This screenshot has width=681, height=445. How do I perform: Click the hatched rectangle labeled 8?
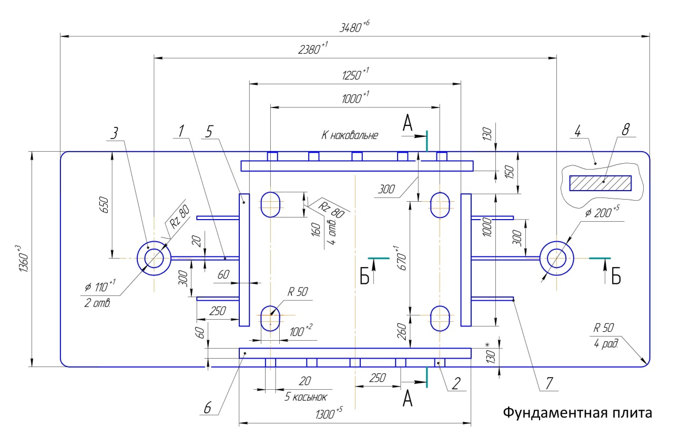(601, 183)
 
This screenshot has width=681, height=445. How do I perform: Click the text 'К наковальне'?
(350, 135)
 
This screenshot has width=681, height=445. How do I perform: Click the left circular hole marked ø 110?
(154, 258)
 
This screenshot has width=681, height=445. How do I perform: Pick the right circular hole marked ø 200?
(556, 258)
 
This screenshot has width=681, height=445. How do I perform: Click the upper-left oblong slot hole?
(270, 204)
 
